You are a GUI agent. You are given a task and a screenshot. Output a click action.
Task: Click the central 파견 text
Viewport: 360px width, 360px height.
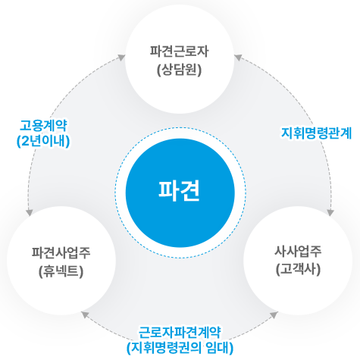point(179,190)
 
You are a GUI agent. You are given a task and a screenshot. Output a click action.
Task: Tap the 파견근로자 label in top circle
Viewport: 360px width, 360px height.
point(179,52)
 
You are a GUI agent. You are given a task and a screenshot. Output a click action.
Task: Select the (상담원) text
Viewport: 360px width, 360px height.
point(179,70)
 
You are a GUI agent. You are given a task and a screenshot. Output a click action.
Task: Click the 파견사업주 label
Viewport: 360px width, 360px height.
point(61,252)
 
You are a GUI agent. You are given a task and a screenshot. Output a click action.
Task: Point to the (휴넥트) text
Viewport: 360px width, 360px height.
point(61,271)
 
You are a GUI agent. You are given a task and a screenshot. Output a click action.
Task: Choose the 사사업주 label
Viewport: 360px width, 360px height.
point(298,251)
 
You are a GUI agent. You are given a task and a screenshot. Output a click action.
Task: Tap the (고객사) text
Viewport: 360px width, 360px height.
point(298,269)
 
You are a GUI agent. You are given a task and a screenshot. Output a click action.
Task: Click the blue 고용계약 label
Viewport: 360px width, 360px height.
point(43,125)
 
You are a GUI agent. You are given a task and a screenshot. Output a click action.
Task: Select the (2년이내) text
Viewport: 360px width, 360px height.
point(43,141)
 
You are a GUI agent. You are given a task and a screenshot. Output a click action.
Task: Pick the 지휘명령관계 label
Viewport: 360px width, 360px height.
point(316,133)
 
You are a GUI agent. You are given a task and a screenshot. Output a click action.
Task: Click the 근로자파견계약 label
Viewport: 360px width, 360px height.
point(180,332)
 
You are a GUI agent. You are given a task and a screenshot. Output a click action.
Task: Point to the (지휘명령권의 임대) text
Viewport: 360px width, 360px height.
point(180,348)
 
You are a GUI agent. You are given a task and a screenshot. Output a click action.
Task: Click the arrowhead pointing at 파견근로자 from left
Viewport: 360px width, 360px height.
point(122,58)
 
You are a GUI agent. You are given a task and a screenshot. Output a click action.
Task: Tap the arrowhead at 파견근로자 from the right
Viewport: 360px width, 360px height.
point(237,58)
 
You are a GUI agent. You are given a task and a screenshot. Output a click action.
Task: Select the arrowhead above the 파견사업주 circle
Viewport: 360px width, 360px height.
point(30,213)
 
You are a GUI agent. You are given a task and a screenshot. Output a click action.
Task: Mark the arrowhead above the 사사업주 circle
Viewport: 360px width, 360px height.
point(330,213)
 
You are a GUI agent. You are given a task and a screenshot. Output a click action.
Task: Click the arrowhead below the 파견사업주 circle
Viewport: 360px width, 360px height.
point(85,315)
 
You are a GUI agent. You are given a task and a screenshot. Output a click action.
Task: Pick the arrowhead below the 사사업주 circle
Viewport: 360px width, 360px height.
point(274,315)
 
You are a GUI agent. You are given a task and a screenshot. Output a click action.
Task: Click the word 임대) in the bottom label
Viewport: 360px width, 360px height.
point(220,348)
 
